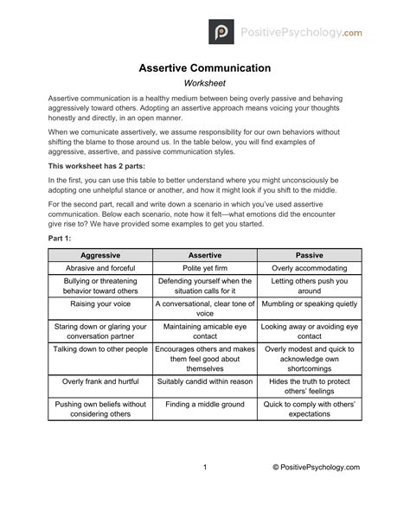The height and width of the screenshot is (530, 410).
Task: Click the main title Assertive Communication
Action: click(205, 67)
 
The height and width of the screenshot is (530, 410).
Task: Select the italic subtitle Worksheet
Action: click(205, 83)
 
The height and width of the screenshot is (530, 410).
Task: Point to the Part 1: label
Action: click(61, 237)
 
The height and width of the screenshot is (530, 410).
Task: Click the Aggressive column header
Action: click(99, 256)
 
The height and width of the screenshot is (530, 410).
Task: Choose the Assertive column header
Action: click(205, 256)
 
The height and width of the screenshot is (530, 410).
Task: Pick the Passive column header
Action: click(310, 256)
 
